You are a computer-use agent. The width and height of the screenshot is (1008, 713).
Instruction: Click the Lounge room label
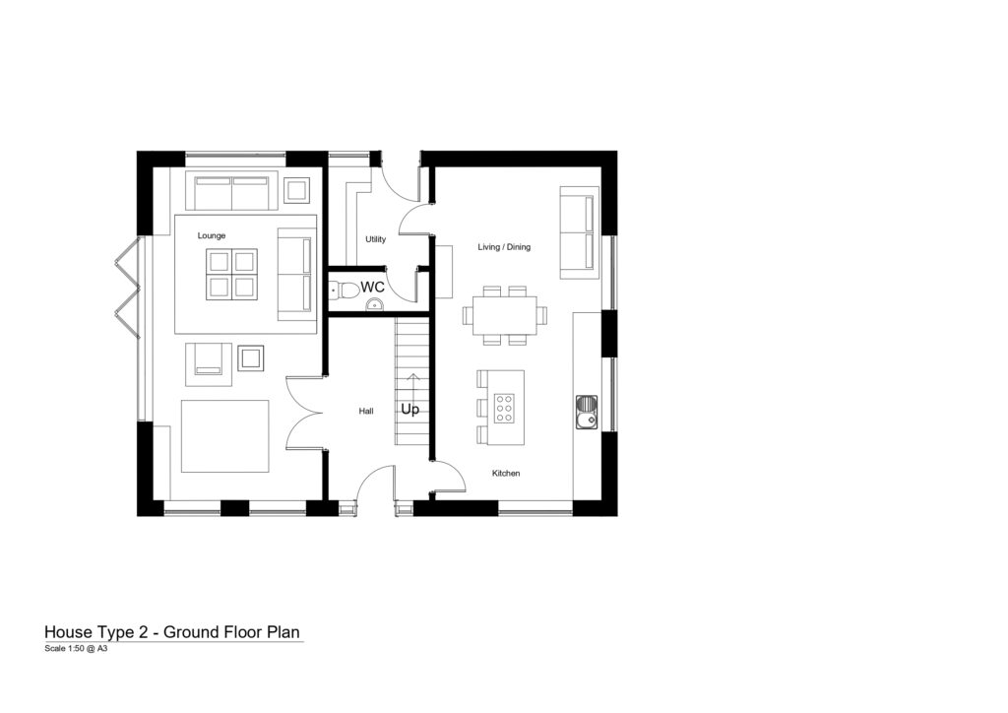212,236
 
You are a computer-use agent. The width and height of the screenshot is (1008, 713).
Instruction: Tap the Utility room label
375,239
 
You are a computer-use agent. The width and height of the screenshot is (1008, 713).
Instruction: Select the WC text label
372,287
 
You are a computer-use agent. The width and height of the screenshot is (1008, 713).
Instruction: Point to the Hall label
366,411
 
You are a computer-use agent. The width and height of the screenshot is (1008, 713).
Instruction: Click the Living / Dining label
504,247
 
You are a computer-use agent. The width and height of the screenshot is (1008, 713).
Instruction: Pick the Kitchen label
506,473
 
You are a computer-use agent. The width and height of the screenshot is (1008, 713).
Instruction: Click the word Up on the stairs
410,410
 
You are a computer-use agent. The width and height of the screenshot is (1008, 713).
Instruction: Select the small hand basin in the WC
375,304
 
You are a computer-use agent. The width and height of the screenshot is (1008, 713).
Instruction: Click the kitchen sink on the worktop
587,412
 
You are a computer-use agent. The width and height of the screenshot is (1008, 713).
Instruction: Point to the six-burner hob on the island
504,409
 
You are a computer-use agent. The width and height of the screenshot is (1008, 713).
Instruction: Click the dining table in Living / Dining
505,315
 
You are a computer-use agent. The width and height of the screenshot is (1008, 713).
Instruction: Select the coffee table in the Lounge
231,274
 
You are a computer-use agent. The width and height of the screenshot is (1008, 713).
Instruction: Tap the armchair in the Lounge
209,364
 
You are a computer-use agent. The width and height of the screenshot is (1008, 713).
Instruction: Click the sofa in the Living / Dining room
580,232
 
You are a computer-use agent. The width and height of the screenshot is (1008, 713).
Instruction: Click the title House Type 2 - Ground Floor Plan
172,632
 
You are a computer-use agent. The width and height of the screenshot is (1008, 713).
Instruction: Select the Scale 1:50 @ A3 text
76,649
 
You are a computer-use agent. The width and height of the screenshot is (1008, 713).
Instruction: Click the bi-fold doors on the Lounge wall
127,288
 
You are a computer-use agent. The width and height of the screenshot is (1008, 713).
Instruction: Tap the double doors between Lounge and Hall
303,412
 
